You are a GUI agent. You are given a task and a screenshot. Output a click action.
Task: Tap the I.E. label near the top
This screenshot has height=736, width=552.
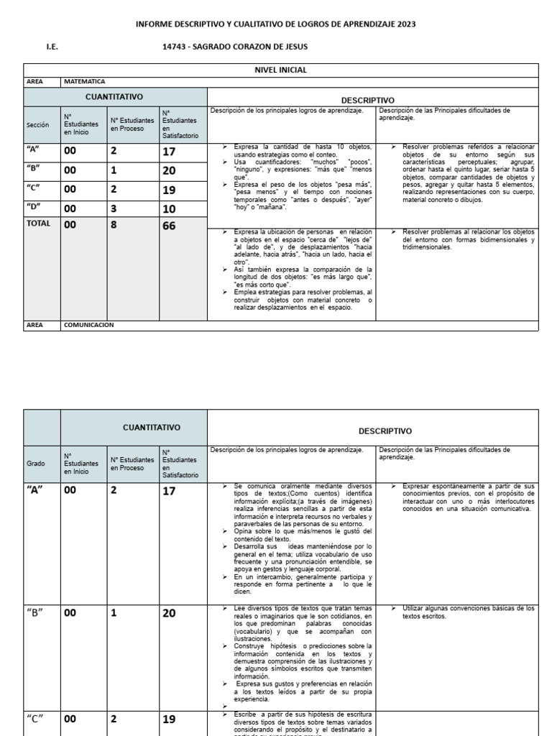pyautogui.click(x=52, y=47)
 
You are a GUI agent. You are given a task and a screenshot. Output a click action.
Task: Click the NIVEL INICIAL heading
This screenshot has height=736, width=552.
pyautogui.click(x=280, y=70)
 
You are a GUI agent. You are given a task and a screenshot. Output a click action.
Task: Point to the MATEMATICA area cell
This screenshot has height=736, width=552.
pyautogui.click(x=85, y=82)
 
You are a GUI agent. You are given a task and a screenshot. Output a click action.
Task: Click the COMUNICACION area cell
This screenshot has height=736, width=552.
pyautogui.click(x=89, y=325)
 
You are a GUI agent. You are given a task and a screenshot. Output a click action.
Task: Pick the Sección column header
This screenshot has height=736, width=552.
pyautogui.click(x=37, y=124)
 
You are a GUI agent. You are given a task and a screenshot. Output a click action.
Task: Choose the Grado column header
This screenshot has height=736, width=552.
pyautogui.click(x=36, y=464)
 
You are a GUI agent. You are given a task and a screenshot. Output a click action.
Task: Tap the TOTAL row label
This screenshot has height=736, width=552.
pyautogui.click(x=38, y=224)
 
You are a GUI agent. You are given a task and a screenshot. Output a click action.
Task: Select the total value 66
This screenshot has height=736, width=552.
pyautogui.click(x=170, y=226)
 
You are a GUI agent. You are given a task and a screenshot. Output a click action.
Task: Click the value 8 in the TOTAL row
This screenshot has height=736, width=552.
pyautogui.click(x=114, y=226)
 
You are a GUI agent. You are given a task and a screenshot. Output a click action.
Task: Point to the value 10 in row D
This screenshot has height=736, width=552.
pyautogui.click(x=169, y=208)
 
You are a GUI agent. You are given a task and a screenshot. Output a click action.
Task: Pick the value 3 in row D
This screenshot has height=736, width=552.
pyautogui.click(x=113, y=208)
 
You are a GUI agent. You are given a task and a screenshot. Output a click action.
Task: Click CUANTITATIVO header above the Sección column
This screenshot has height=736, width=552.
pyautogui.click(x=114, y=96)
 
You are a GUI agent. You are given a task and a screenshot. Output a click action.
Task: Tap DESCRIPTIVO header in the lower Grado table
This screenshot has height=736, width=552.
pyautogui.click(x=385, y=431)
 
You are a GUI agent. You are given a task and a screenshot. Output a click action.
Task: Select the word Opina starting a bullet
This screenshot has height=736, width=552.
pyautogui.click(x=244, y=531)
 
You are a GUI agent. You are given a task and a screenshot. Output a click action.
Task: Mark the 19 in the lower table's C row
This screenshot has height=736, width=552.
pyautogui.click(x=169, y=718)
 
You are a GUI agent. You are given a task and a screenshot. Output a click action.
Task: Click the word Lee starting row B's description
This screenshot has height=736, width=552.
pyautogui.click(x=240, y=608)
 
